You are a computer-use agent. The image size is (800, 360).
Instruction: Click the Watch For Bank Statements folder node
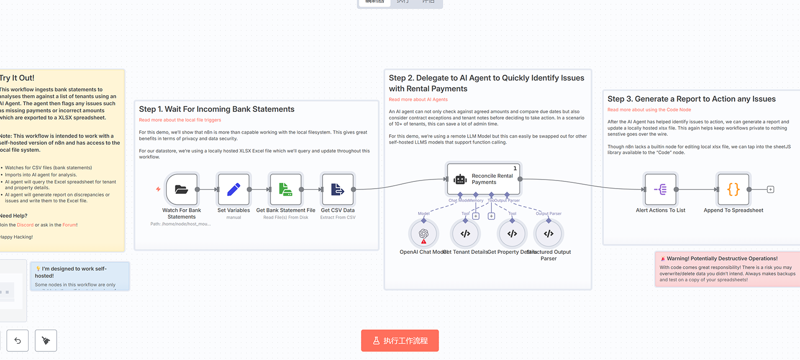[x=181, y=190]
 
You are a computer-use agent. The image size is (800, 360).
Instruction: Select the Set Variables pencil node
[x=233, y=190]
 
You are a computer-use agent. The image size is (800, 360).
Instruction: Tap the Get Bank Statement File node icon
[x=286, y=190]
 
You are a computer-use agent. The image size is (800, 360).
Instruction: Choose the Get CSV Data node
[x=338, y=190]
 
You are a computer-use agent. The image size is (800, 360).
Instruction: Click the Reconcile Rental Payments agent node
[x=483, y=179]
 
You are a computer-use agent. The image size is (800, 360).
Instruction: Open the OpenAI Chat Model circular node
[x=423, y=233]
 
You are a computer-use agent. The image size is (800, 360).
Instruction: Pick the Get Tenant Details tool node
[x=465, y=233]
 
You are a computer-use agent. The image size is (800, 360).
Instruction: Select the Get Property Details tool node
[x=512, y=233]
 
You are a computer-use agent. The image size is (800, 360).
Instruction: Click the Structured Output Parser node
[x=549, y=233]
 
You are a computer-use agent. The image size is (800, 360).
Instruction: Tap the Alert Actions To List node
[x=660, y=190]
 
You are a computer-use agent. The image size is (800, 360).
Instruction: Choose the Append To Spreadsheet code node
[x=733, y=190]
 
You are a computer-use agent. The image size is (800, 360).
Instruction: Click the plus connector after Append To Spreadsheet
[x=770, y=190]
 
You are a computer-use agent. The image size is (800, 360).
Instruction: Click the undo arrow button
[x=18, y=340]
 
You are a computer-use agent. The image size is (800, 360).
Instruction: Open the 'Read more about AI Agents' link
[x=418, y=100]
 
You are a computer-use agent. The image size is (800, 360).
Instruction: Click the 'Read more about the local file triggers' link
[x=180, y=120]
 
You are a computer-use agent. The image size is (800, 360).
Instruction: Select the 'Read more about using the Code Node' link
[x=649, y=110]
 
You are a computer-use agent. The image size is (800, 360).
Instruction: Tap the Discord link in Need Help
[x=25, y=225]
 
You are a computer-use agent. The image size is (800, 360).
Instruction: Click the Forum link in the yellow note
[x=69, y=225]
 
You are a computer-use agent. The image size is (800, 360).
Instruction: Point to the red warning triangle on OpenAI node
[x=424, y=241]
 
